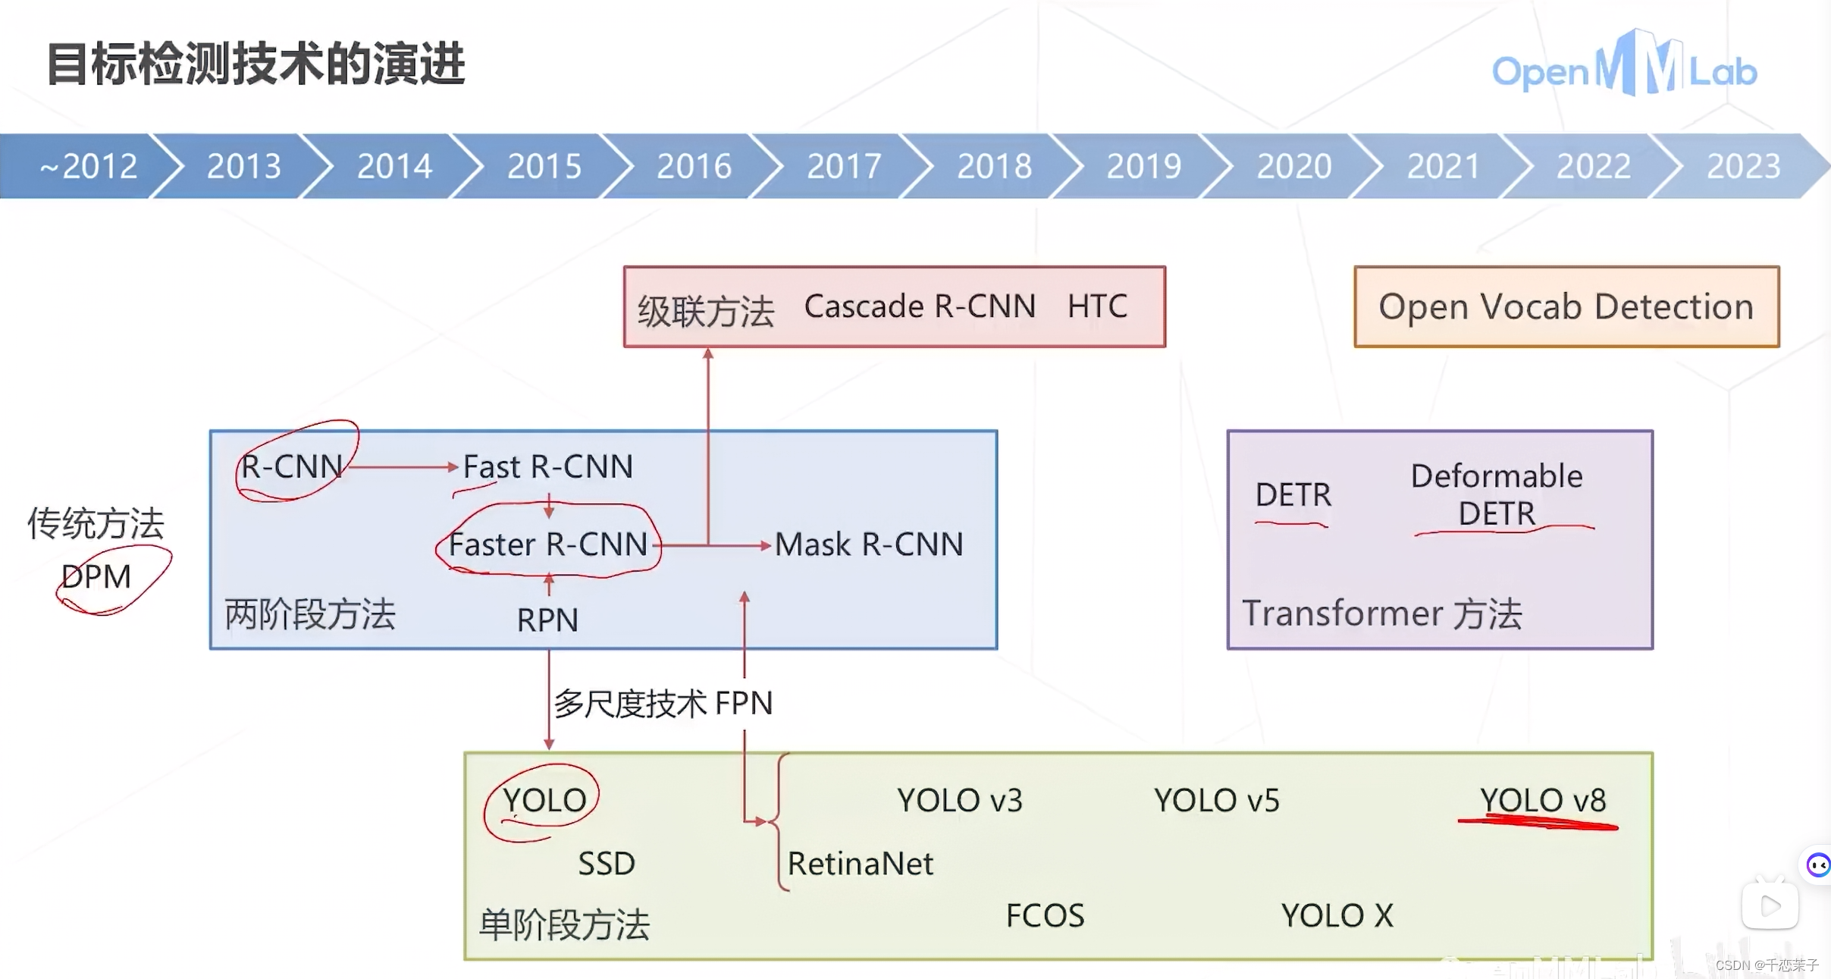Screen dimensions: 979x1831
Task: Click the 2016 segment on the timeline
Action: coord(694,166)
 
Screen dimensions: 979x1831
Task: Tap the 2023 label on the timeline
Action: coord(1743,166)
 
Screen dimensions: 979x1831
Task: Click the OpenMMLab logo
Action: coord(1623,68)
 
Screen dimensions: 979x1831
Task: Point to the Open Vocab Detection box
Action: coord(1566,307)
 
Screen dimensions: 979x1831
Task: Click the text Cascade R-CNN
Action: coord(919,306)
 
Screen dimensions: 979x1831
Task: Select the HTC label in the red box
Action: coord(1096,306)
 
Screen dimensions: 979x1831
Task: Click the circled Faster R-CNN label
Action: coord(547,544)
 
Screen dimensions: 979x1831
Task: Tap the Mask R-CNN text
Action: coord(869,544)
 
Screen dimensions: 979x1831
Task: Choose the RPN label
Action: coord(547,620)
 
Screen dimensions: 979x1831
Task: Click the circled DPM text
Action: coord(96,577)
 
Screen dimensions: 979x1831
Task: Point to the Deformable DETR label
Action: coord(1497,494)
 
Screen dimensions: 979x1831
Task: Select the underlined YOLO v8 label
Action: coord(1542,801)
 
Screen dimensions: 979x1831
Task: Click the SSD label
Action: coord(606,864)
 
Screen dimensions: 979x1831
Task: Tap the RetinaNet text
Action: coord(860,864)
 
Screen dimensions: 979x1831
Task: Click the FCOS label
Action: coord(1045,915)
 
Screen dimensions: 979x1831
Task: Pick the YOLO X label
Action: coord(1337,915)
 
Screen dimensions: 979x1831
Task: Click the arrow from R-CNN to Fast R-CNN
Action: coord(402,466)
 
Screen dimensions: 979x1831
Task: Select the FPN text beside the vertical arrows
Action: coord(743,703)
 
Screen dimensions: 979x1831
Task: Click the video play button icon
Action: coord(1770,905)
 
